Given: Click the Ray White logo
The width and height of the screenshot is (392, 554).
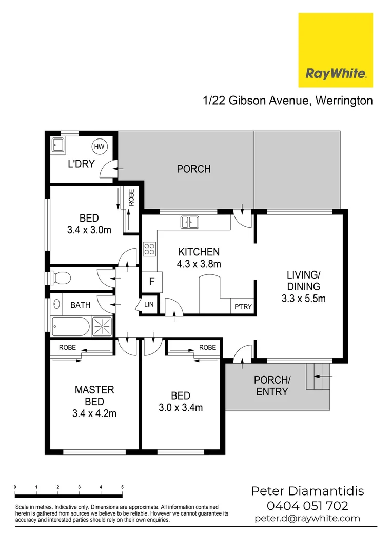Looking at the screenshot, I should (x=336, y=50).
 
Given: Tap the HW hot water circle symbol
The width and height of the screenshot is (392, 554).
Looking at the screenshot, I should (x=99, y=147).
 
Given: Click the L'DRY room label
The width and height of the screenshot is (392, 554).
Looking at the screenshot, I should (x=82, y=165).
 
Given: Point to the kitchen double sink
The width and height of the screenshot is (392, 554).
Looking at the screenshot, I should (x=189, y=222).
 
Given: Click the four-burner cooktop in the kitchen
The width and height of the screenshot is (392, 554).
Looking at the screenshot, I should (x=149, y=249).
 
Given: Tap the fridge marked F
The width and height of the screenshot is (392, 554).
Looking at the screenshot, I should (x=152, y=281).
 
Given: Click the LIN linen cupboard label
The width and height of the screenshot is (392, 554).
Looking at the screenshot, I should (x=149, y=305).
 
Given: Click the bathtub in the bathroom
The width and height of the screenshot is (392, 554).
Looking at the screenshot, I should (x=71, y=325).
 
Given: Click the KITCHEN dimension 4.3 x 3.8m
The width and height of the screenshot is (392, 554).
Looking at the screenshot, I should (x=199, y=265).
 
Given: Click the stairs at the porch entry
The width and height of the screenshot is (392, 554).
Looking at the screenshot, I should (x=318, y=376).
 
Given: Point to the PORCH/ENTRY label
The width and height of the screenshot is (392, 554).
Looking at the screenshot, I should (x=272, y=386).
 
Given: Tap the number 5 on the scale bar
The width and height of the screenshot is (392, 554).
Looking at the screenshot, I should (x=122, y=487).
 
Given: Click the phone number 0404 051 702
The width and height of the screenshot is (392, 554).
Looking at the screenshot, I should (x=307, y=506).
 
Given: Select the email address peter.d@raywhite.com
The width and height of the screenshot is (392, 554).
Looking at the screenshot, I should (x=307, y=519).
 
